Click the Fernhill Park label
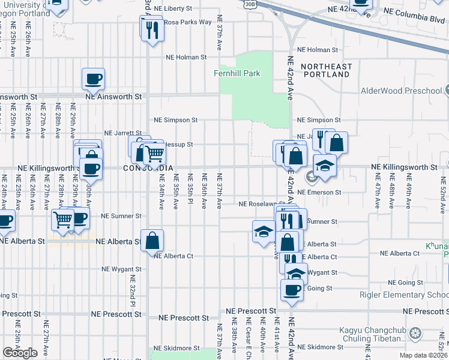[x=238, y=73]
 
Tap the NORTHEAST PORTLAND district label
[x=325, y=70]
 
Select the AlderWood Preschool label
[x=401, y=91]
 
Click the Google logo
[x=20, y=353]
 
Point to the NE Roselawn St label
[x=261, y=204]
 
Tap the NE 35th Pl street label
[x=190, y=191]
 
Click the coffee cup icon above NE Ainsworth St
[x=94, y=79]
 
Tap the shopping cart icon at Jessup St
[x=155, y=154]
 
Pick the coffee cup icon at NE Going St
[x=292, y=290]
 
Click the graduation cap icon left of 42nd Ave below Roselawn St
[x=264, y=232]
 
